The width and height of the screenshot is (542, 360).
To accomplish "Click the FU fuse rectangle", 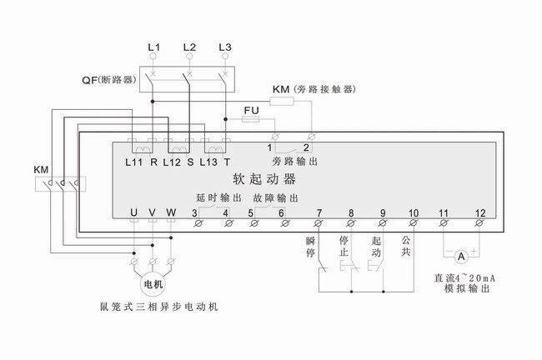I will click(x=250, y=120).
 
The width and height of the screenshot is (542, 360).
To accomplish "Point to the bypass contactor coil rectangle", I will click(x=282, y=102).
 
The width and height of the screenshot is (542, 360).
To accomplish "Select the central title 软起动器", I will click(x=263, y=178).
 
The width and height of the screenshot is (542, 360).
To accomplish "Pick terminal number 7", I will click(x=319, y=212).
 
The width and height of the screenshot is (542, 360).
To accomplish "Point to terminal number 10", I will click(x=414, y=212).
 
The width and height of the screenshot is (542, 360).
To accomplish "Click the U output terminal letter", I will click(x=134, y=213).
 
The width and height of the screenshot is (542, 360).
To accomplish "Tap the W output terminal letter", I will click(x=172, y=213).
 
